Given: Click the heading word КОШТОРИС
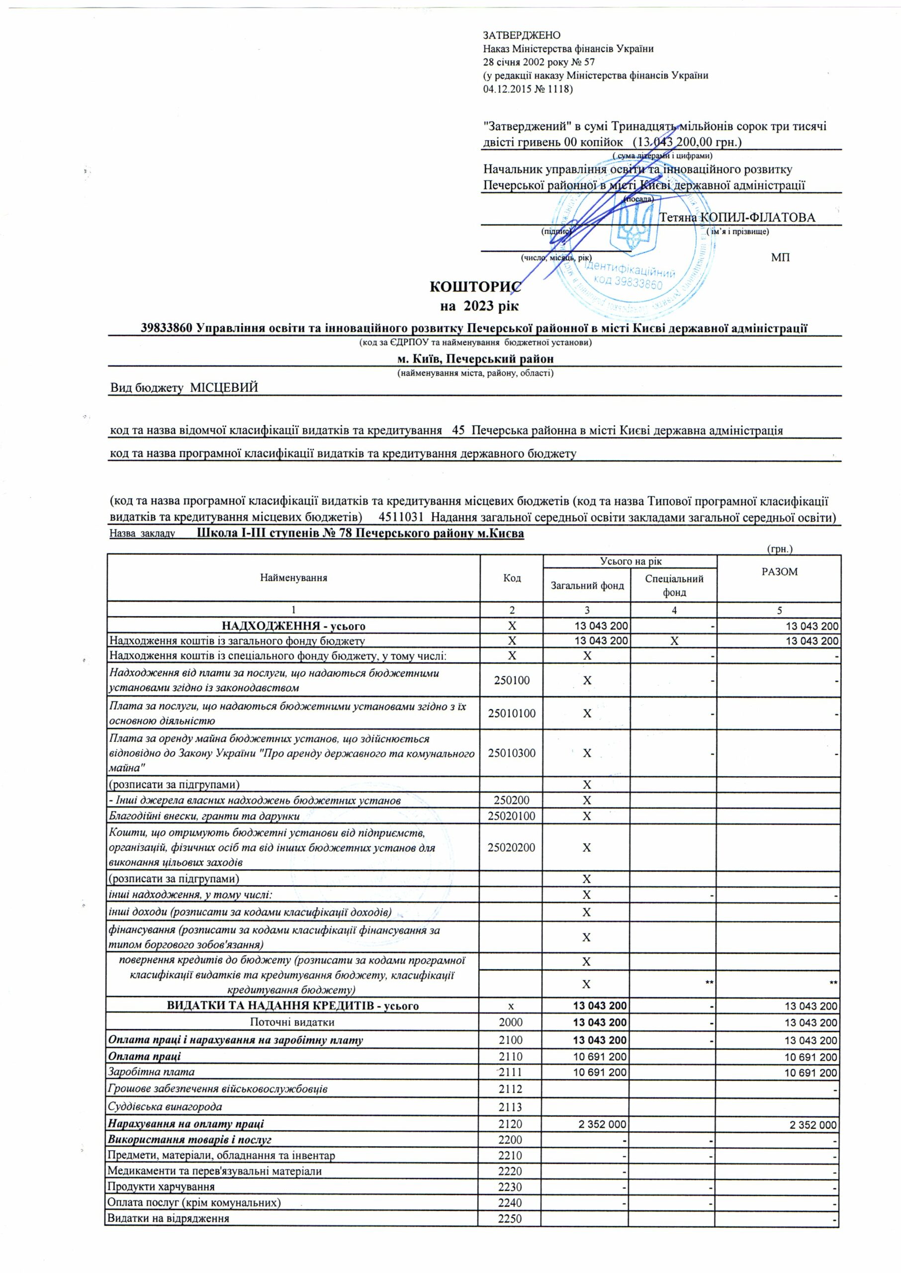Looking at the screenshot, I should pyautogui.click(x=475, y=287).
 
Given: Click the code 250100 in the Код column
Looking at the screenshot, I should pyautogui.click(x=512, y=680).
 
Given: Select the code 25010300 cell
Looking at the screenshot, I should pyautogui.click(x=512, y=753).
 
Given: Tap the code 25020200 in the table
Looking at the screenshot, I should pyautogui.click(x=512, y=847).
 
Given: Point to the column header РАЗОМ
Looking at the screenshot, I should pyautogui.click(x=780, y=571).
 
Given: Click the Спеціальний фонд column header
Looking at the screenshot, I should pyautogui.click(x=674, y=585).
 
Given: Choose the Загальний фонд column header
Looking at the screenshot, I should pyautogui.click(x=587, y=585).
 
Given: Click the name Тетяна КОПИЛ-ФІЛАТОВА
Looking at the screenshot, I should pyautogui.click(x=737, y=217).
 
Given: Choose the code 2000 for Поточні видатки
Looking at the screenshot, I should pyautogui.click(x=512, y=1022).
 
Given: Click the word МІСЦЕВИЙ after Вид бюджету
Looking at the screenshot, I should pyautogui.click(x=225, y=388).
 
